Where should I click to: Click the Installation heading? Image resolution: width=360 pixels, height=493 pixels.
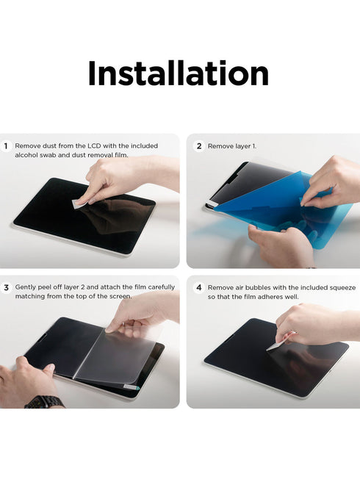point(179,73)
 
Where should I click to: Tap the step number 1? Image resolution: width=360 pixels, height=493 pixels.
point(6,146)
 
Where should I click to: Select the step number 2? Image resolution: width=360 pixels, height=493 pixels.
point(198,146)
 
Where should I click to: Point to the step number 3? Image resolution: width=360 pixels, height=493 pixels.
point(6,287)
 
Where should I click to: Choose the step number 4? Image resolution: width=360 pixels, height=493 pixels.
point(198,287)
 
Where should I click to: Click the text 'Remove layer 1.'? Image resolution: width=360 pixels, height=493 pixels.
point(232,146)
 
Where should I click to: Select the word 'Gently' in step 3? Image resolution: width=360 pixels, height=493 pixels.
point(26,287)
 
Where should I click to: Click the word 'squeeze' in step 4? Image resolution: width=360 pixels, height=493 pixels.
point(339,287)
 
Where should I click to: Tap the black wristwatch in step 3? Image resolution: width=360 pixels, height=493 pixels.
point(44,402)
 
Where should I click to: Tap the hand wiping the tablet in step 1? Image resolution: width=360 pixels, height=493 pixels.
point(118,179)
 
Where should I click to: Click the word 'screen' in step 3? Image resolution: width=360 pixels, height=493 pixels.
point(118,296)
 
